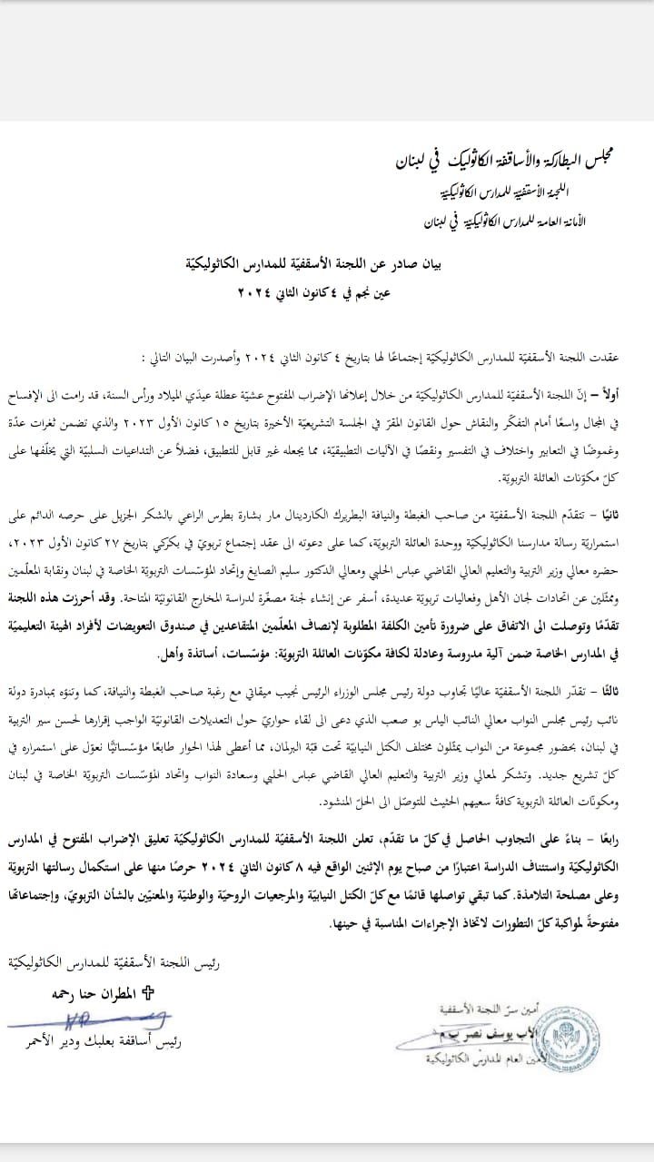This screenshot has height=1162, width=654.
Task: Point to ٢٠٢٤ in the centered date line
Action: [x=255, y=291]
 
